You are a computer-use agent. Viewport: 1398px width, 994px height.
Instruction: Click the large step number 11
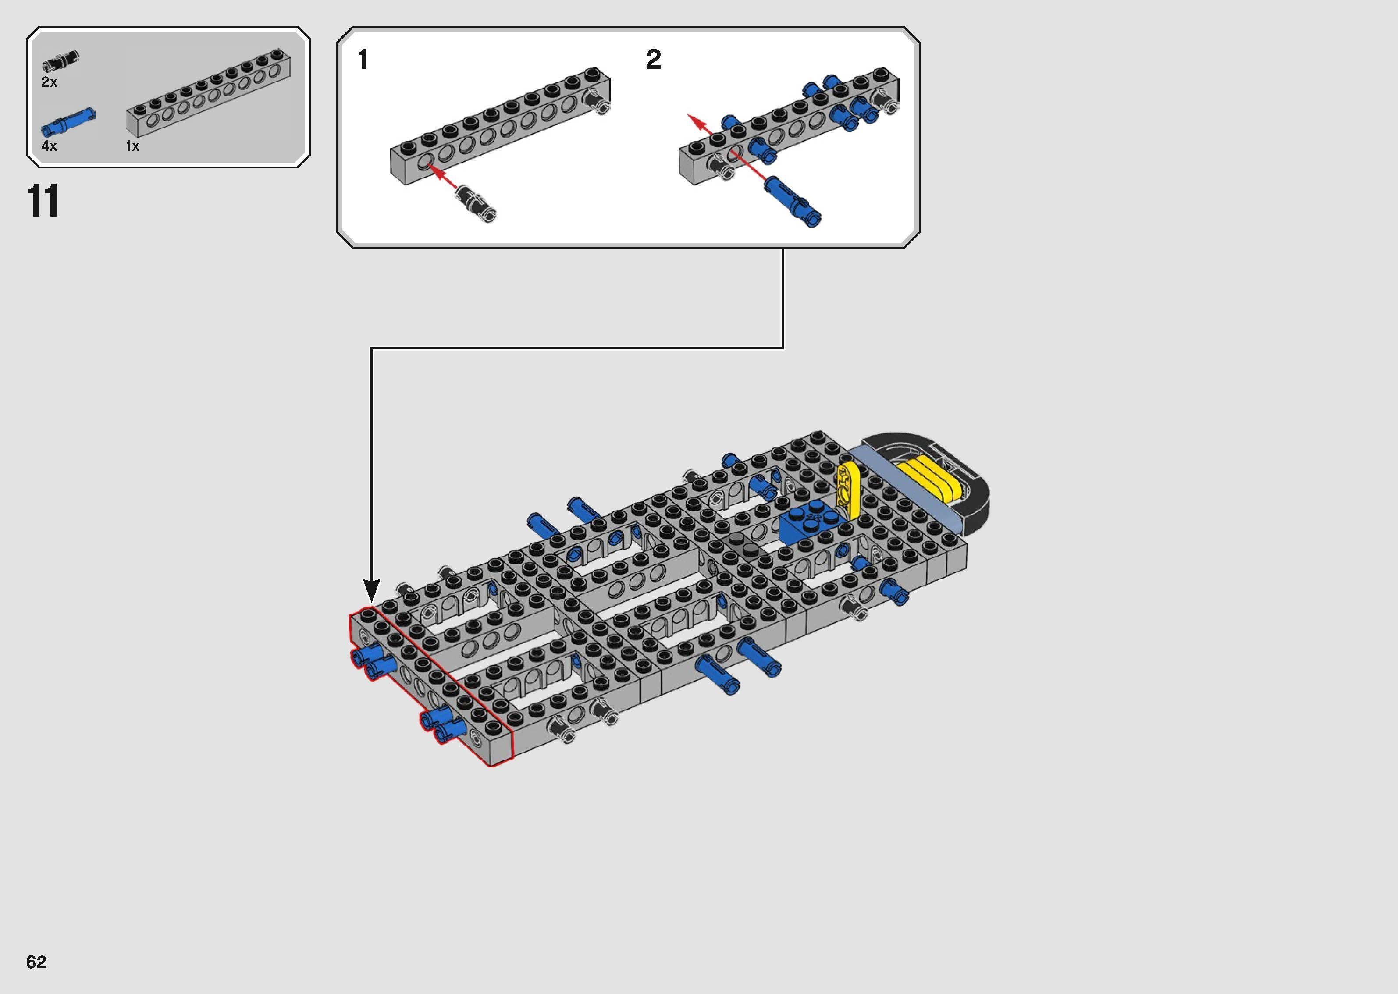pyautogui.click(x=43, y=201)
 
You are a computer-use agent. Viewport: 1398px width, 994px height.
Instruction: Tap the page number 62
pyautogui.click(x=36, y=962)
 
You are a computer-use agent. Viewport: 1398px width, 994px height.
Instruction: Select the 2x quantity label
pyautogui.click(x=49, y=82)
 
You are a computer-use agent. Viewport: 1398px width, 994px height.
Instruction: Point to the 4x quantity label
pyautogui.click(x=49, y=146)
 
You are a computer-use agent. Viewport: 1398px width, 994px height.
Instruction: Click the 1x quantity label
pyautogui.click(x=132, y=146)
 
